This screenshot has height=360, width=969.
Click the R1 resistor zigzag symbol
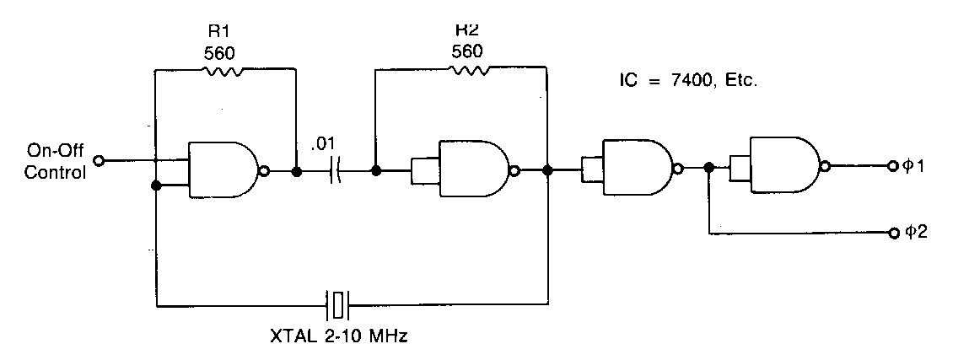point(223,73)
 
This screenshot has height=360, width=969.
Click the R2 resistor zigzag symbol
point(470,69)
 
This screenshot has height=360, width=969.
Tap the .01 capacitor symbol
point(336,170)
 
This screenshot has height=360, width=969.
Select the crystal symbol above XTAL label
point(337,304)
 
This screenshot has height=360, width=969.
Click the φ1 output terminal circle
point(891,165)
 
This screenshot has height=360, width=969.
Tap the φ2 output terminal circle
point(891,233)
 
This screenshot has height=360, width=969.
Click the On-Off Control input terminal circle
point(98,161)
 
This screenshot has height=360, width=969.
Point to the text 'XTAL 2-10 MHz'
point(339,337)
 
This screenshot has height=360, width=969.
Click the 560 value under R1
point(219,54)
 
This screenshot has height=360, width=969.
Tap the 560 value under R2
point(466,51)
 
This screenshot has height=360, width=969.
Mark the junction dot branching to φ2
point(709,167)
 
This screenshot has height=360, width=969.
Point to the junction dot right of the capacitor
point(376,170)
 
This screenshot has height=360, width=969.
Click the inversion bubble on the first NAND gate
point(265,171)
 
